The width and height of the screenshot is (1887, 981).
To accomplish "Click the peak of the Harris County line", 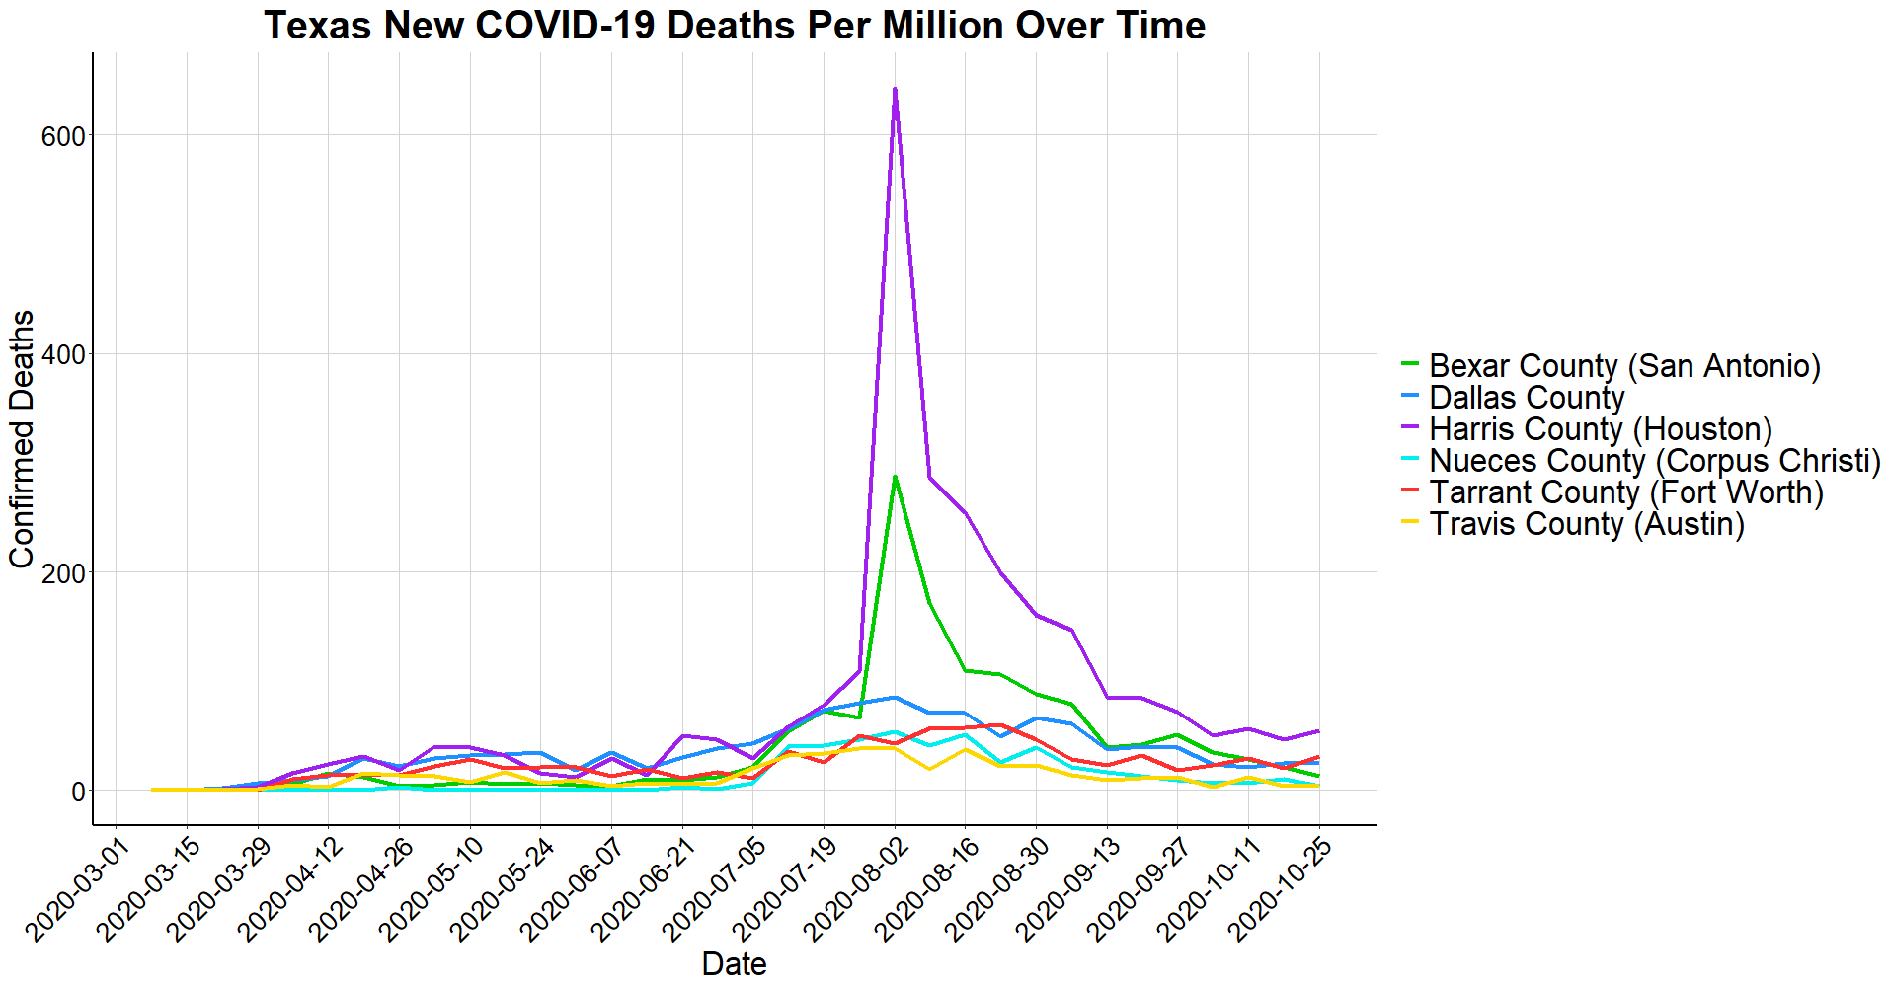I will point(895,90).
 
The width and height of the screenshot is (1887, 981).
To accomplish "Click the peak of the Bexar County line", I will point(895,478).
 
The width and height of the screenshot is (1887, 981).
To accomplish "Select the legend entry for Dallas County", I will point(1526,398).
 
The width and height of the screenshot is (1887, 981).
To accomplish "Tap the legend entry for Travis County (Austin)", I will point(1586,524).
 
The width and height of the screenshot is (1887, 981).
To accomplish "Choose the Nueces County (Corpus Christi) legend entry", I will point(1654,461).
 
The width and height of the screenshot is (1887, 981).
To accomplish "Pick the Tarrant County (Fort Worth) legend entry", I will point(1625,492).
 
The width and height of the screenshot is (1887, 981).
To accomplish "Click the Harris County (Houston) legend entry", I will point(1600,429).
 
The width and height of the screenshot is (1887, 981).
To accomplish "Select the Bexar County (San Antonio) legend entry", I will point(1624,366).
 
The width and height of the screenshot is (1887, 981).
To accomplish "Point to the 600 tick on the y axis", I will point(63,136).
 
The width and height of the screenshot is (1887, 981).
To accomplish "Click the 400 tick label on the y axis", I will point(63,354).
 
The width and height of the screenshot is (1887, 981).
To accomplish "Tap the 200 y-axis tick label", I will point(63,572).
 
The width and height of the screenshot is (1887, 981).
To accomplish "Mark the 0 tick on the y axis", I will point(77,792).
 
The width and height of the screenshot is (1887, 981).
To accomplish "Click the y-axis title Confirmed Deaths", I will point(22,439).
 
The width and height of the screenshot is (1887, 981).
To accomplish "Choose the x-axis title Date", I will point(734,963).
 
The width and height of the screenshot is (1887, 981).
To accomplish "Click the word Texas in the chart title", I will point(318,26).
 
